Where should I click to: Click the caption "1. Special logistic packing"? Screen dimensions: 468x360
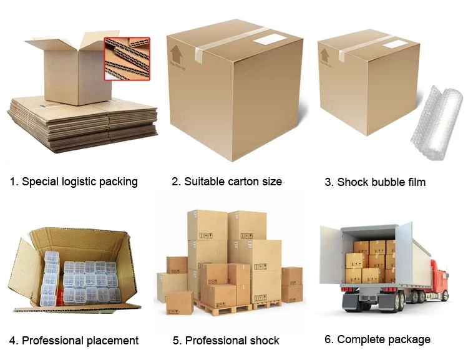click(x=74, y=182)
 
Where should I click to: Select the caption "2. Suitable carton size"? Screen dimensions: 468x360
click(x=227, y=182)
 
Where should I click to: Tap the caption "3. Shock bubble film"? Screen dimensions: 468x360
click(x=375, y=182)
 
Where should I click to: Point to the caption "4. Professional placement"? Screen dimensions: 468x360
click(x=74, y=341)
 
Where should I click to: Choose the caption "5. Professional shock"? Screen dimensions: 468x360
click(x=226, y=341)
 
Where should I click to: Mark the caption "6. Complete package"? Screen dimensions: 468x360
click(x=377, y=339)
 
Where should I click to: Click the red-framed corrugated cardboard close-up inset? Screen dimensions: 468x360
click(x=127, y=59)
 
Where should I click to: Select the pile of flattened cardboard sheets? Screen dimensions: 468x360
click(x=81, y=125)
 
